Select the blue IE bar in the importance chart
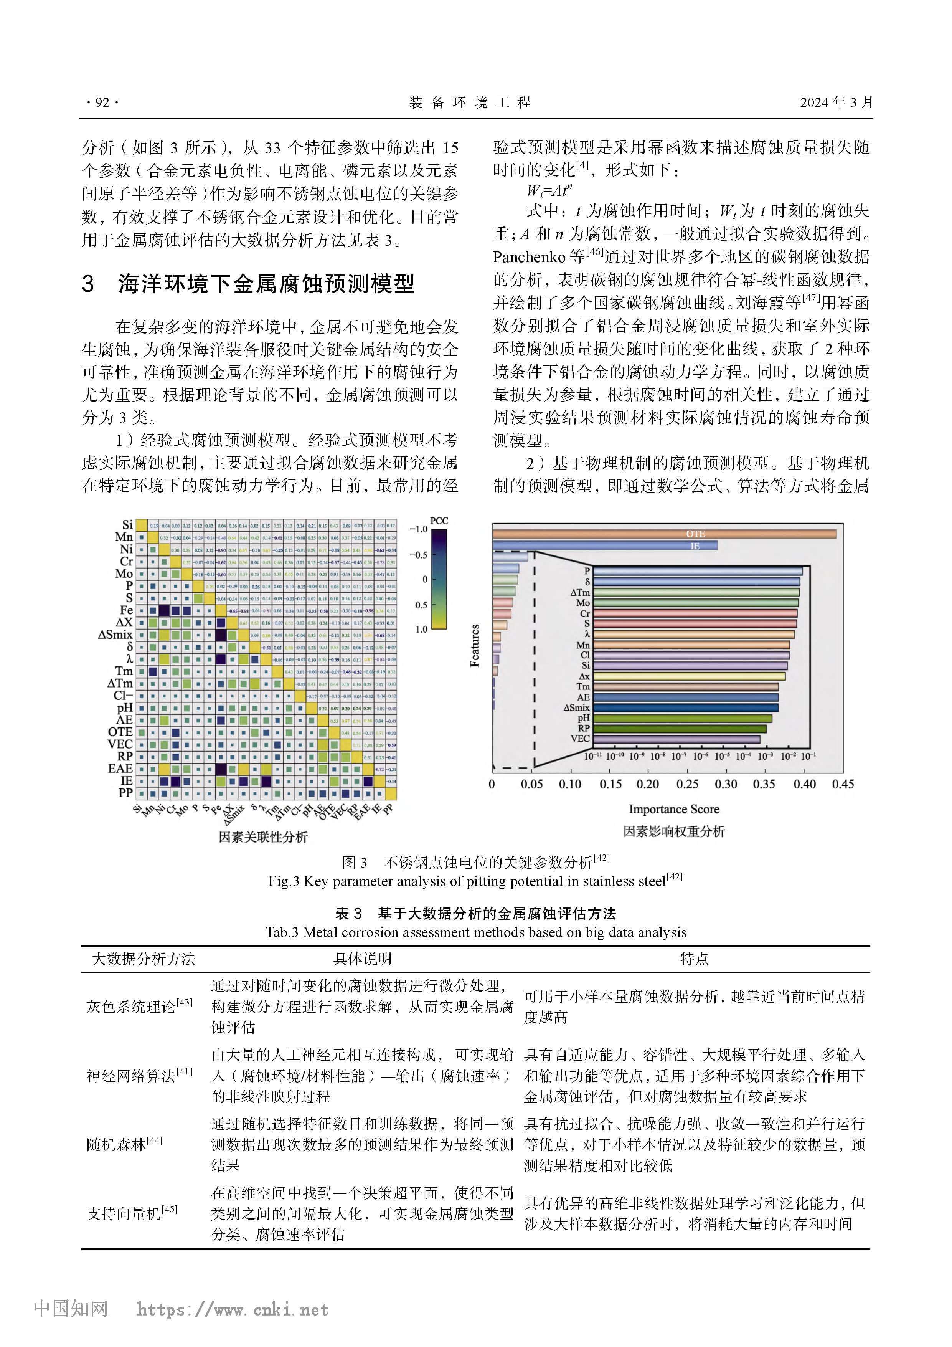(605, 545)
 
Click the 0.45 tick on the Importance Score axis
(842, 784)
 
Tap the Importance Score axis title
(674, 809)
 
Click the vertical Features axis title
(475, 645)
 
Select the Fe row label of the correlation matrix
(127, 610)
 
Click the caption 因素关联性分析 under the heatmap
(263, 836)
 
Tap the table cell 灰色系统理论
(139, 1007)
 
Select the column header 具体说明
(362, 959)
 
